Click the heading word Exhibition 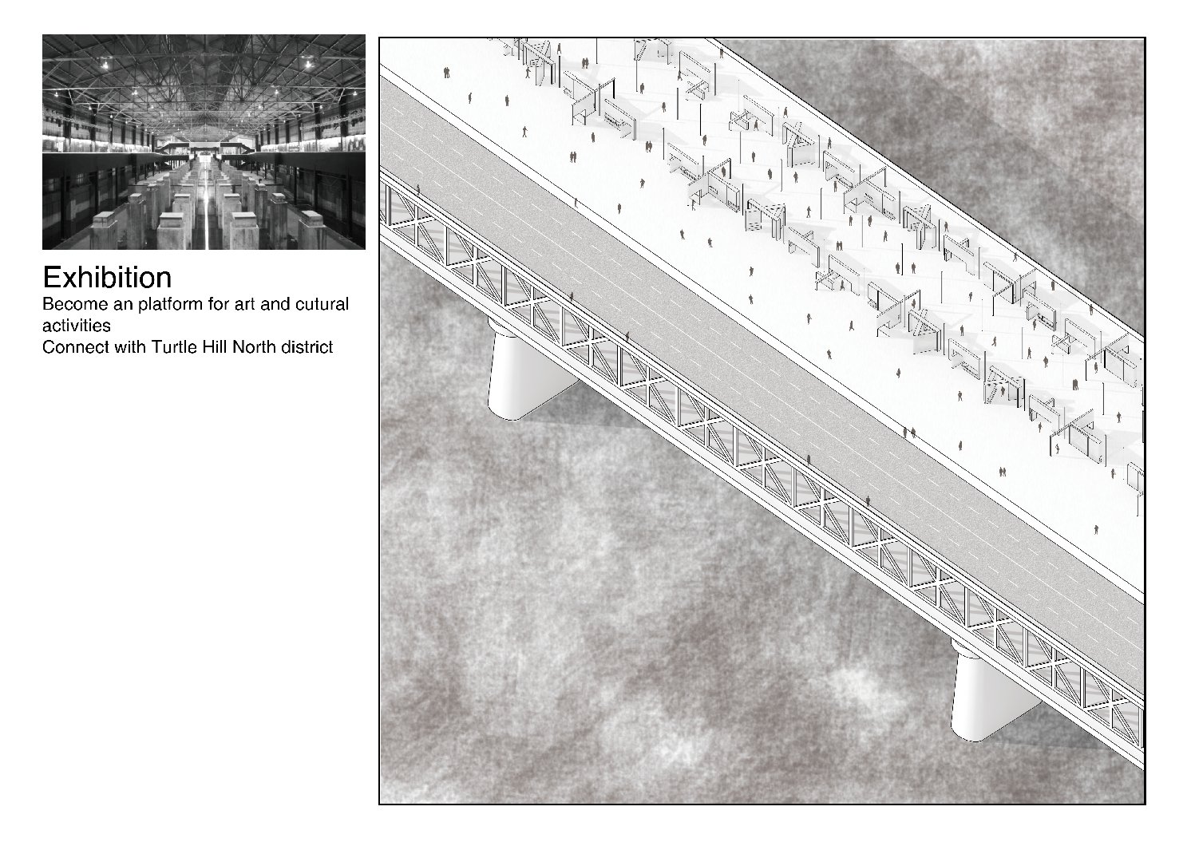(107, 278)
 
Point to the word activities (77, 326)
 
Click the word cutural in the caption (324, 305)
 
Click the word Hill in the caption (211, 347)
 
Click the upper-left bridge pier (529, 369)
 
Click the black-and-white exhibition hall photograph (204, 142)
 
